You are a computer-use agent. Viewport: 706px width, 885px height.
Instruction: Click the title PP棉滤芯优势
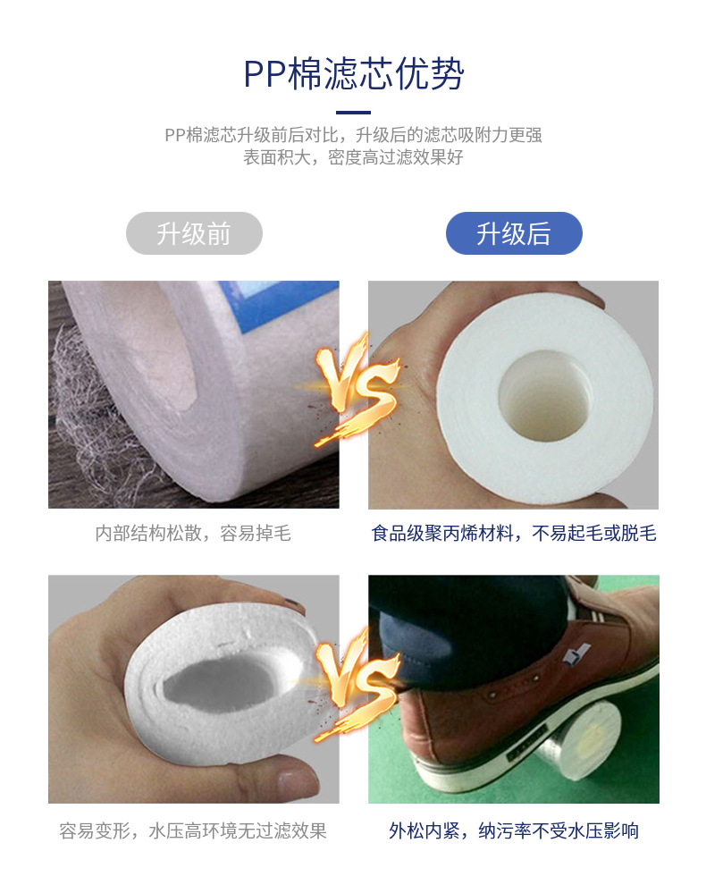pos(353,74)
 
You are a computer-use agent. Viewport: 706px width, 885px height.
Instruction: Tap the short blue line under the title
pos(353,113)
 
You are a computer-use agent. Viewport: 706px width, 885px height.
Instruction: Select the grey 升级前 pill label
pos(194,233)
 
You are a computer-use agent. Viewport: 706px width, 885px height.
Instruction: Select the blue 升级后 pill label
pos(514,233)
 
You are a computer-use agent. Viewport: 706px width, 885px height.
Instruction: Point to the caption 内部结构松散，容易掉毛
pos(193,533)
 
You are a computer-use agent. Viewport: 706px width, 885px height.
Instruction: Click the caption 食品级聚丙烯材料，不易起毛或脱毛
pos(514,533)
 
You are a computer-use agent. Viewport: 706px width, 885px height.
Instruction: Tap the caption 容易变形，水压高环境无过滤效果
pos(193,830)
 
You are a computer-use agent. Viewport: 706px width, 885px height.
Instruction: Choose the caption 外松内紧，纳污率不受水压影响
pos(514,830)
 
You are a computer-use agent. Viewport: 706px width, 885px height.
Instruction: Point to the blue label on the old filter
pos(282,305)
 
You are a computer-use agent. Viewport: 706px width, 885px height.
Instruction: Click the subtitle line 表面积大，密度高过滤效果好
pos(353,157)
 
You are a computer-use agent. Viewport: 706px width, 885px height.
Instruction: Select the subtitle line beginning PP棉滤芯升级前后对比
pos(353,135)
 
